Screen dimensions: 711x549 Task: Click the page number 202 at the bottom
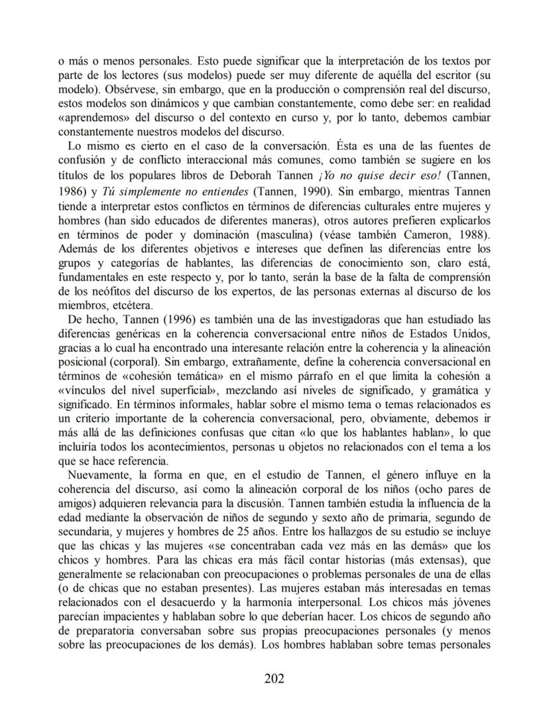[274, 678]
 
